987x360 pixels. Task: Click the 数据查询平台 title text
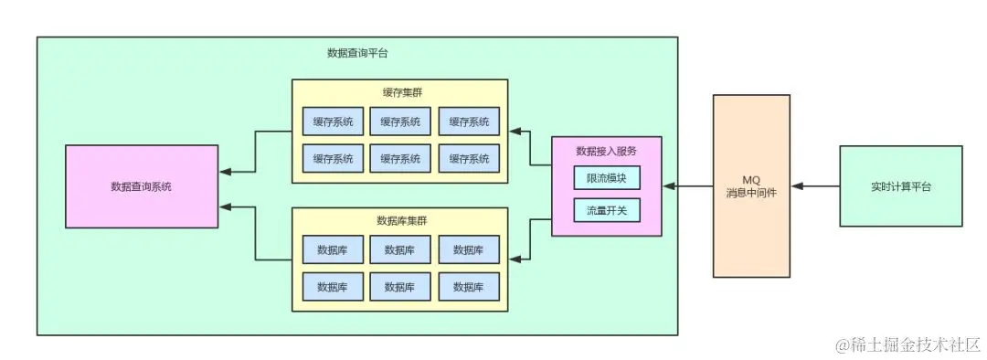pos(357,53)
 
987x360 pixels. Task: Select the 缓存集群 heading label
pos(399,92)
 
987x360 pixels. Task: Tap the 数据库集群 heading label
pos(399,220)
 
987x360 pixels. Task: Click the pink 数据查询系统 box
pos(142,186)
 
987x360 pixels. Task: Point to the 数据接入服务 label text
pos(606,151)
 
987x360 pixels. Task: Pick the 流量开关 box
pos(607,210)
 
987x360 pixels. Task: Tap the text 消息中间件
pos(749,192)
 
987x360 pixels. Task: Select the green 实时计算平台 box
pos(901,186)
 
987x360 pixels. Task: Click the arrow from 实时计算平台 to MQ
pos(816,186)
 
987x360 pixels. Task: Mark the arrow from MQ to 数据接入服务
pos(688,186)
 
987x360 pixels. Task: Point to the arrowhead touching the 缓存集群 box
pos(515,131)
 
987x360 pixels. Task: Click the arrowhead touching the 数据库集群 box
pos(515,259)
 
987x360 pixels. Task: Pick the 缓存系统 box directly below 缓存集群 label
pos(401,121)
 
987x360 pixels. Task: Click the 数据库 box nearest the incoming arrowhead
pos(469,249)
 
